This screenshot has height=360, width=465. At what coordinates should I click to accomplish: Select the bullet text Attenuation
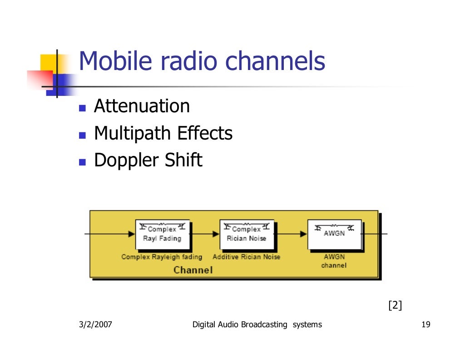click(142, 107)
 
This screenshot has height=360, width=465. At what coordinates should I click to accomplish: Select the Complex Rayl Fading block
click(162, 235)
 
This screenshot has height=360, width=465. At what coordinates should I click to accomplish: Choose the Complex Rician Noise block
click(247, 235)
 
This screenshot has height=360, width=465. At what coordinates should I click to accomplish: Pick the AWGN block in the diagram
click(334, 234)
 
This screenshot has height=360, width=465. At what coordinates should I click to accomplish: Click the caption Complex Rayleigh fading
click(162, 257)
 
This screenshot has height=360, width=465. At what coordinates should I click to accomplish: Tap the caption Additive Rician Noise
click(247, 257)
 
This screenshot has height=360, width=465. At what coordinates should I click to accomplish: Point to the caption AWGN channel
click(334, 261)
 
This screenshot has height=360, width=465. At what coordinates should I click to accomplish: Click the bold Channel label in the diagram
click(193, 270)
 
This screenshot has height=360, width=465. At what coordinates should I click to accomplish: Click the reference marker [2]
click(395, 305)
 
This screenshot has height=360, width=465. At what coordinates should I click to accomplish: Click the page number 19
click(425, 325)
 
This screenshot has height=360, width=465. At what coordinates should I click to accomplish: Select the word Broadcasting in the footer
click(264, 325)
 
